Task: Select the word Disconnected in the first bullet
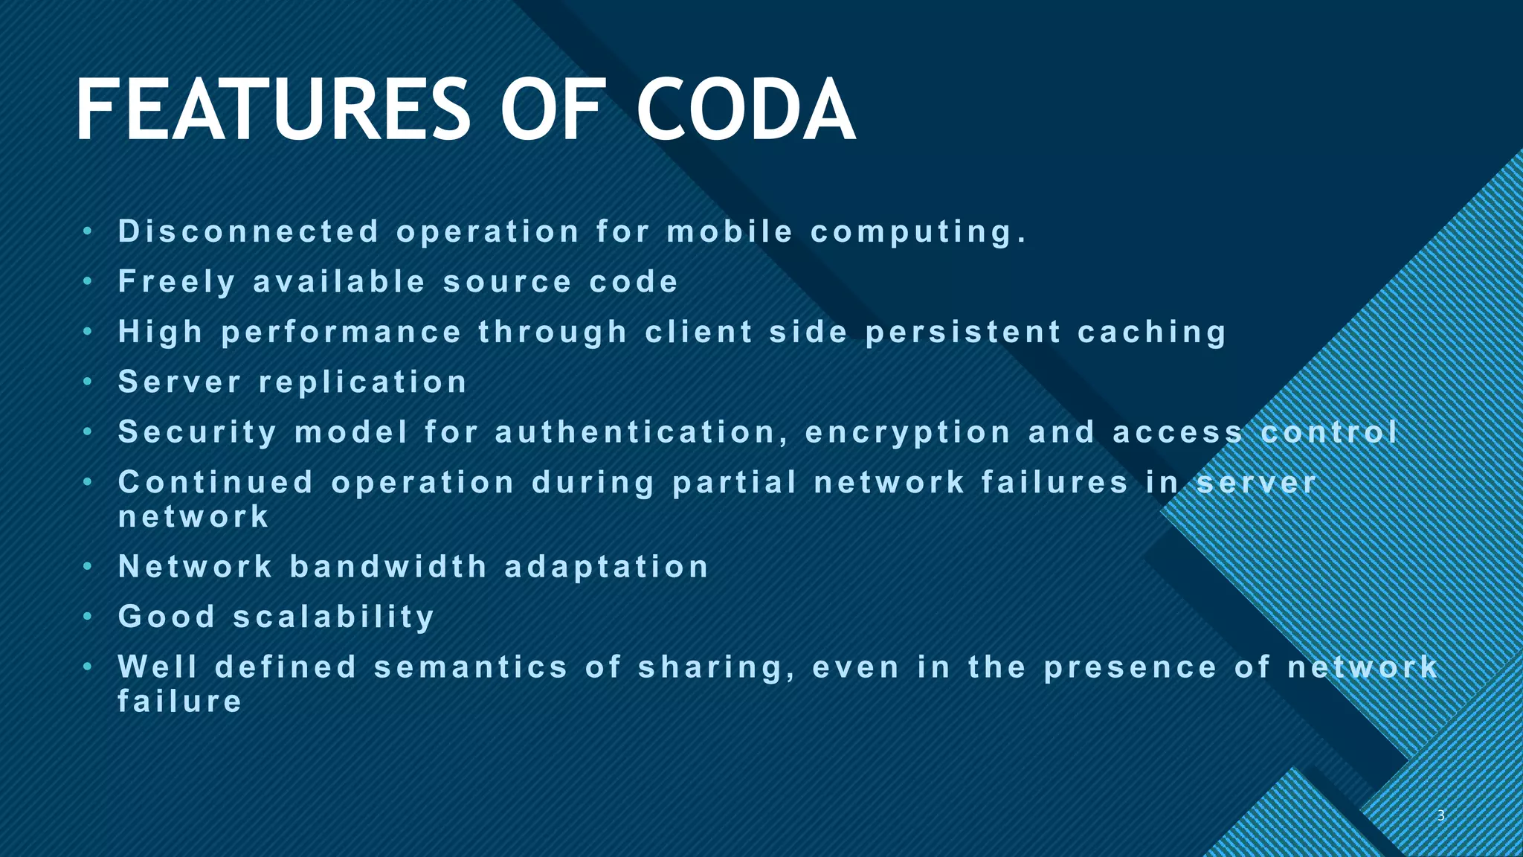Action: pos(249,232)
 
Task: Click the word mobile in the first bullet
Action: pos(730,232)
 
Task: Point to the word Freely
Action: pos(178,283)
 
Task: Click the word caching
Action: pos(1152,333)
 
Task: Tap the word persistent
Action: pos(963,333)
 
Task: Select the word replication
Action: pos(363,382)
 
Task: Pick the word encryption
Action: pos(908,433)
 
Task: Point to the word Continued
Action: pos(216,483)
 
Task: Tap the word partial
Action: pos(735,483)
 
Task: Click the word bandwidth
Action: pos(389,567)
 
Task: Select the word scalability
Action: pos(334,617)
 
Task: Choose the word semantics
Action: pos(471,667)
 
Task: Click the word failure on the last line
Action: pos(181,702)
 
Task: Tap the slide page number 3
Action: pos(1440,815)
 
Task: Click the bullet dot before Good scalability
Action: pos(88,617)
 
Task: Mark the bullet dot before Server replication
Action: pos(88,382)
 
